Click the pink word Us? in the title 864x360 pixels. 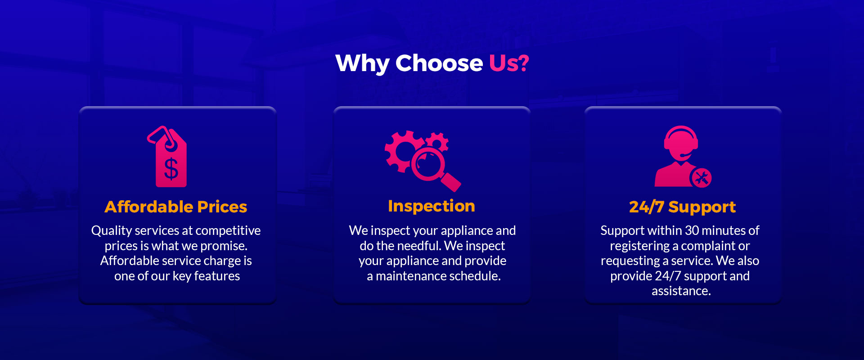point(508,63)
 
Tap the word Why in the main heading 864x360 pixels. point(362,63)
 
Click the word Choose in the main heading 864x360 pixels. point(439,63)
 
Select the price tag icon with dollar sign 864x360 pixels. point(167,156)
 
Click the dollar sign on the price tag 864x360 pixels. point(171,169)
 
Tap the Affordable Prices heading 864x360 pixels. point(176,207)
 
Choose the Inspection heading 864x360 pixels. point(432,206)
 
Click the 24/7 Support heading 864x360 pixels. point(682,207)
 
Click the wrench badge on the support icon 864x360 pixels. point(701,177)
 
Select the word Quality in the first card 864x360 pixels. point(111,231)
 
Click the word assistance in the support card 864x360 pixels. point(681,291)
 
